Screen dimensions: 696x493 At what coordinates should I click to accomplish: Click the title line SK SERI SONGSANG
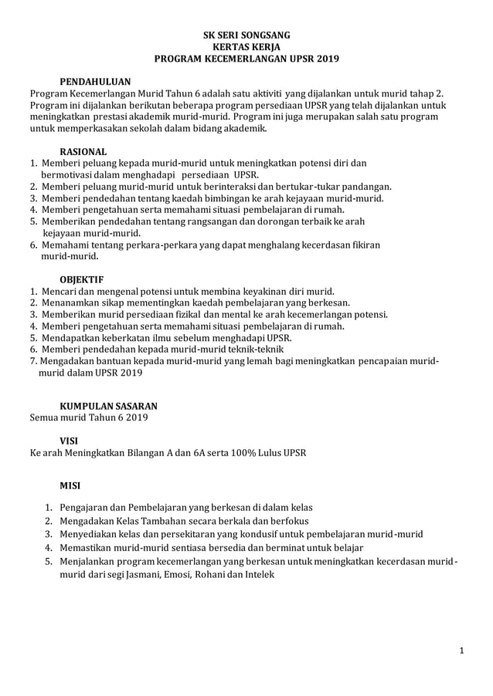click(246, 35)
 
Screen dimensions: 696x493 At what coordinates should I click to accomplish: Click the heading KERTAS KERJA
click(246, 46)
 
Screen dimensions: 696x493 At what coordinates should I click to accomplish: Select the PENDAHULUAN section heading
click(95, 81)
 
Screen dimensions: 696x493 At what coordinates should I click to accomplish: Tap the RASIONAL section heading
click(83, 151)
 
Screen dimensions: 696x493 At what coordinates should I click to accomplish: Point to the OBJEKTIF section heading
click(82, 279)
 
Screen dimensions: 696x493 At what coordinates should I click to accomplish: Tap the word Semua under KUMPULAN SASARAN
click(45, 417)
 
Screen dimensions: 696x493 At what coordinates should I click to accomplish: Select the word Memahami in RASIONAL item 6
click(65, 245)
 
